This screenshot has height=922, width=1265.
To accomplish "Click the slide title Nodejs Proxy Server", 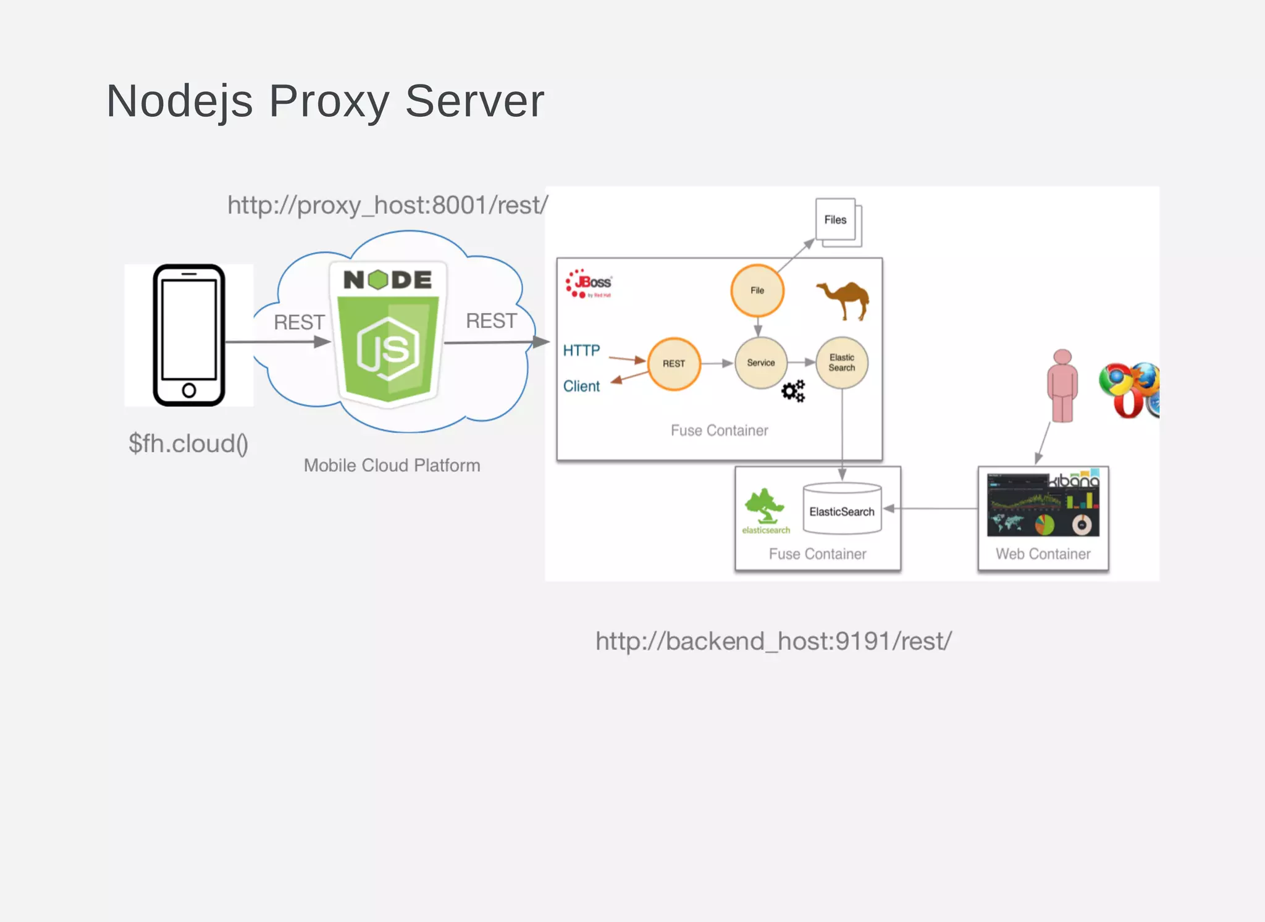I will pos(325,101).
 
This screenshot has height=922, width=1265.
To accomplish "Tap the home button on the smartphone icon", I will pos(189,390).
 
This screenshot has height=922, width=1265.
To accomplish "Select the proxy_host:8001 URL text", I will pos(387,205).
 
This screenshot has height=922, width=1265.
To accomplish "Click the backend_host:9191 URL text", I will pos(773,641).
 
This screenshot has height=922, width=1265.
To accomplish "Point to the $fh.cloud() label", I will pos(188,443).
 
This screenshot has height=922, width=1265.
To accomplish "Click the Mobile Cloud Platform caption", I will pos(392,465).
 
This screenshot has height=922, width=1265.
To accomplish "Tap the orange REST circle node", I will pos(674,364).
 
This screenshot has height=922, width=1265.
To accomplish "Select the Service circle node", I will pos(760,363).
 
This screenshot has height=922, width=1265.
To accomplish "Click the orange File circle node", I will pos(757,290).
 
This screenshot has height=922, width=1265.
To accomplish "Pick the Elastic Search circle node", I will pos(842,363).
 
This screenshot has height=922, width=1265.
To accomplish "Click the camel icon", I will pos(844,300).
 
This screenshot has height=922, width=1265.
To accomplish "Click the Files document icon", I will pos(837,221).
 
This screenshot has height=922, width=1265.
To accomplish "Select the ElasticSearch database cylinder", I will pos(842,509).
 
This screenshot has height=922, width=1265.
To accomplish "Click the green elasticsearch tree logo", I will pos(765,506).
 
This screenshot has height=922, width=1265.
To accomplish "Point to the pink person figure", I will pos(1062,386).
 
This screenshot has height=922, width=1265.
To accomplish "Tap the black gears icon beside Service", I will pos(793,391).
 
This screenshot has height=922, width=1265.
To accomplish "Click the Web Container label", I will pos(1043,554).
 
